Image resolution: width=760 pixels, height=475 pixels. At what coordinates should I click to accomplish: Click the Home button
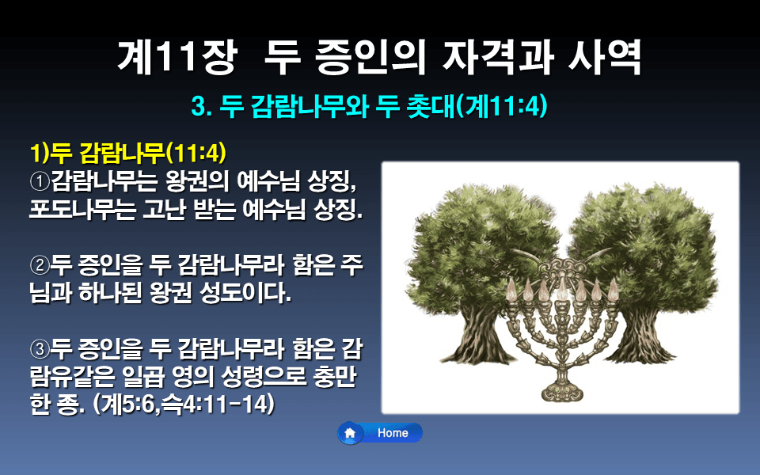click(x=381, y=433)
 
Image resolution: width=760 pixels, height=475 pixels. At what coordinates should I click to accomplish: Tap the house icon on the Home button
click(x=350, y=433)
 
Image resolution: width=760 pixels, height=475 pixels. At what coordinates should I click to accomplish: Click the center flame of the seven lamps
click(x=561, y=281)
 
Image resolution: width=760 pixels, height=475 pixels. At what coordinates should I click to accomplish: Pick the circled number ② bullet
click(x=39, y=264)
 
